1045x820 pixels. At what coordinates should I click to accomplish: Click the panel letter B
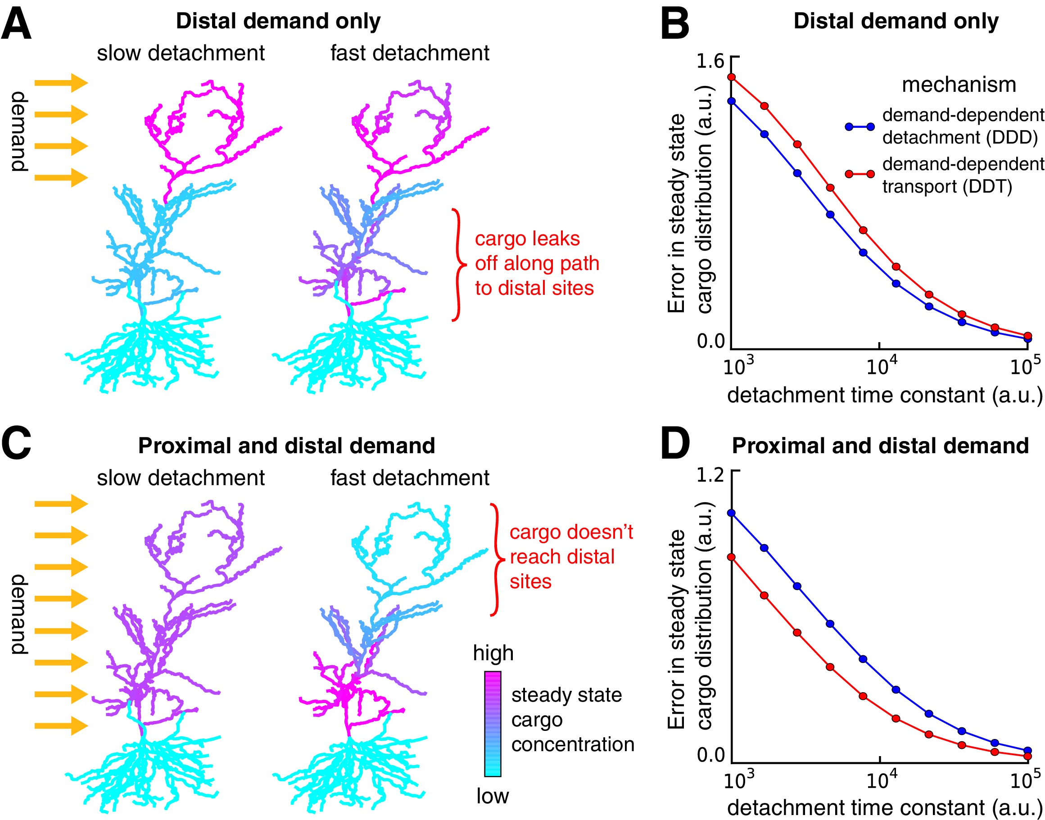pos(674,24)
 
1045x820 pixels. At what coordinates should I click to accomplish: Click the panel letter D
pos(675,444)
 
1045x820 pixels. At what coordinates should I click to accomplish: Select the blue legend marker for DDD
pos(860,127)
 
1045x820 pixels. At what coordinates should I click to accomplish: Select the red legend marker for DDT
pos(860,174)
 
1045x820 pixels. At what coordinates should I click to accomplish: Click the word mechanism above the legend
pos(959,85)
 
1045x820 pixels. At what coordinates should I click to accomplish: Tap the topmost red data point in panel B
pos(731,77)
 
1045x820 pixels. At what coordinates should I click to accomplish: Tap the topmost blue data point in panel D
pos(731,513)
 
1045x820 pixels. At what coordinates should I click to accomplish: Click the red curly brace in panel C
pos(497,559)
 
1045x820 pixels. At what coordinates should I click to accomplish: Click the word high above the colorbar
pos(493,653)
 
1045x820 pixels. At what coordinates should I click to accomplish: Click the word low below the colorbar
pos(492,796)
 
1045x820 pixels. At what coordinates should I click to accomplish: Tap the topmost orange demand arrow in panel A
pos(61,82)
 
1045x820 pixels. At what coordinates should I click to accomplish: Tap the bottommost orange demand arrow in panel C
pos(61,725)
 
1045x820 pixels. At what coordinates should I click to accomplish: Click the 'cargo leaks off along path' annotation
pos(536,263)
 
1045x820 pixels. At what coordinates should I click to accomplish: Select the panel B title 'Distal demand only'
pos(896,21)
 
